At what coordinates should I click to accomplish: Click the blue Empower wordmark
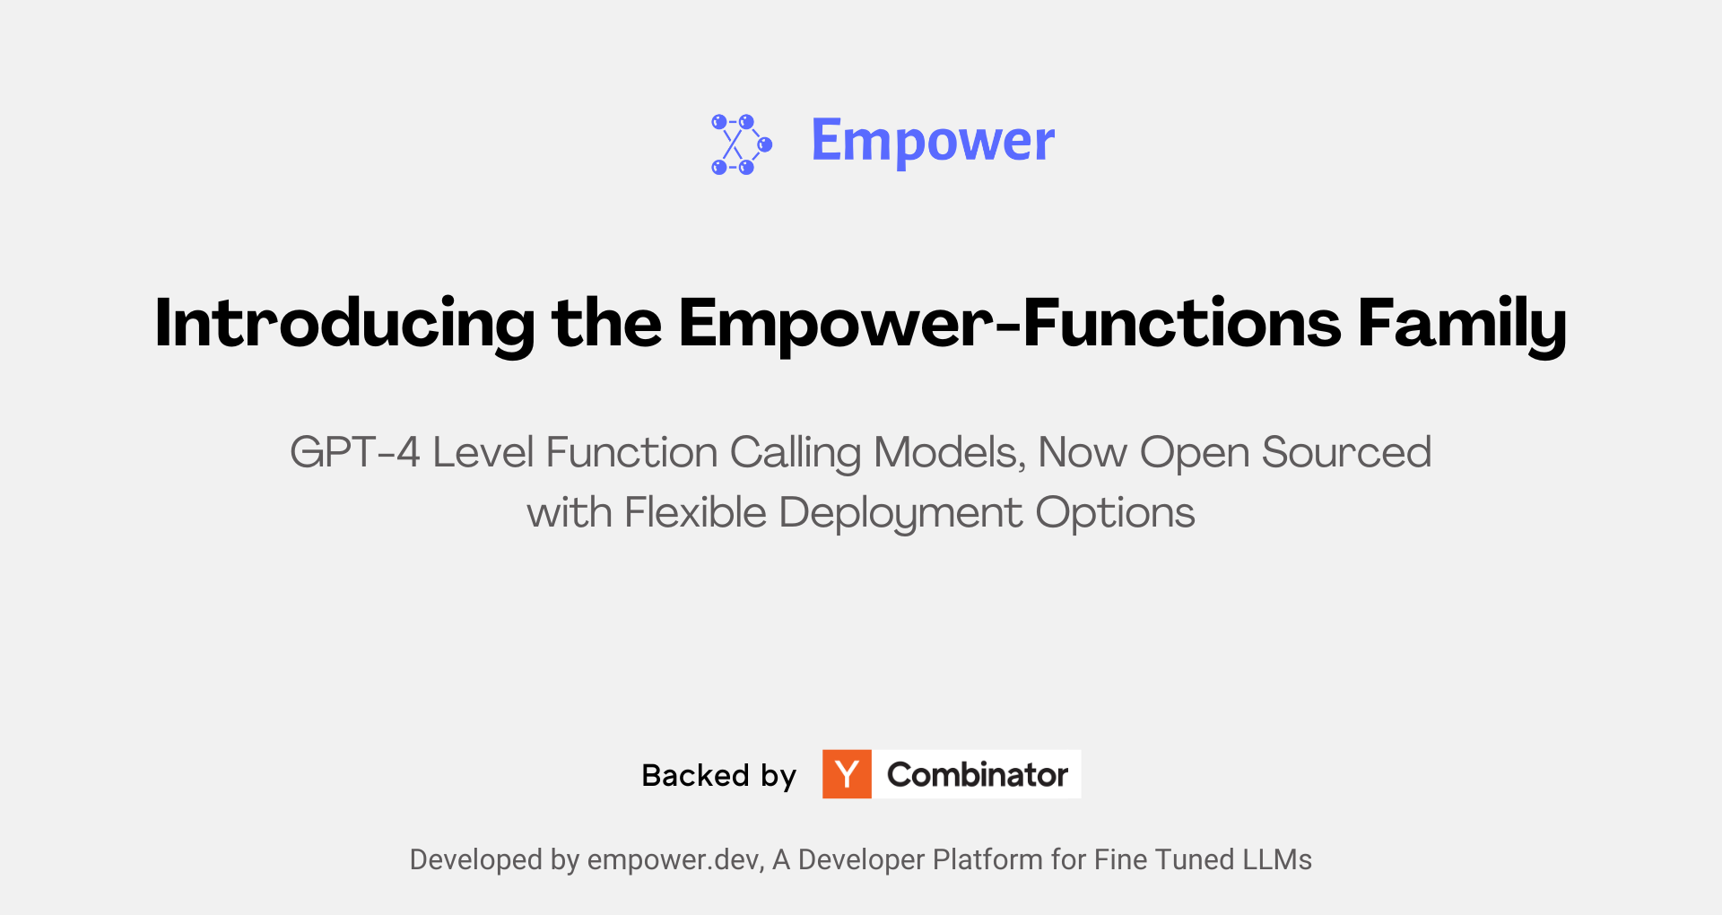(x=933, y=142)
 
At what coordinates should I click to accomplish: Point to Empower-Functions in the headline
(x=1009, y=323)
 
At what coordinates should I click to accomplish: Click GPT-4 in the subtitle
(x=355, y=452)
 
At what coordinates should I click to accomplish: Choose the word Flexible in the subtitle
(x=695, y=513)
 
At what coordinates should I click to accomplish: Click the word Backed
(x=695, y=775)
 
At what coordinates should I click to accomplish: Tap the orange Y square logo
(x=847, y=774)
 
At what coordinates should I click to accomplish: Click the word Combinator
(x=978, y=775)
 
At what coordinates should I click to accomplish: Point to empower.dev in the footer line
(x=675, y=860)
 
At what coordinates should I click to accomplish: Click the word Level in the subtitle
(x=483, y=452)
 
